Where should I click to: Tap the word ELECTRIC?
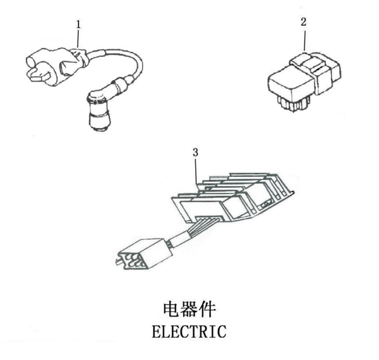point(189,330)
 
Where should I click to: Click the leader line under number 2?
point(304,38)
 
